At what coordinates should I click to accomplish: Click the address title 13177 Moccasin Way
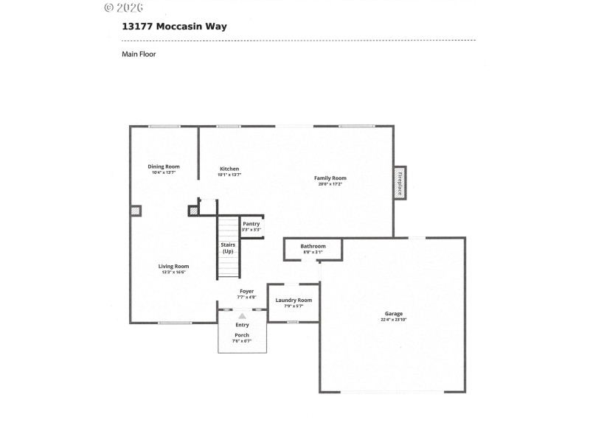[x=174, y=27]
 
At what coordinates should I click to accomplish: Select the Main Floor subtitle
[x=139, y=54]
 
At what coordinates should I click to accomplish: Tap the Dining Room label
[x=164, y=166]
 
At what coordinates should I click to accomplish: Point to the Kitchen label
[x=229, y=169]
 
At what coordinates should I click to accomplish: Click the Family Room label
[x=330, y=178]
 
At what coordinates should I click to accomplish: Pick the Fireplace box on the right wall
[x=400, y=182]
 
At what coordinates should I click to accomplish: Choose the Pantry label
[x=251, y=224]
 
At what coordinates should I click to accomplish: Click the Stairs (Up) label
[x=228, y=248]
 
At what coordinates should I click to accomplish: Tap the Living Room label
[x=174, y=266]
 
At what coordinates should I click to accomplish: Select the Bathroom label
[x=313, y=246]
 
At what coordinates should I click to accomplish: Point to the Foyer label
[x=246, y=291]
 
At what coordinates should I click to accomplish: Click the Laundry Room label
[x=294, y=300]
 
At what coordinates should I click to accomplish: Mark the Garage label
[x=393, y=314]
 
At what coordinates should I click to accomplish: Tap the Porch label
[x=242, y=335]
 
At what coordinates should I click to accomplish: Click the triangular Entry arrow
[x=242, y=316]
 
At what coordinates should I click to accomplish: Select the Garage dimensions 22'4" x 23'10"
[x=393, y=320]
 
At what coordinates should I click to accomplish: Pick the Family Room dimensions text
[x=330, y=184]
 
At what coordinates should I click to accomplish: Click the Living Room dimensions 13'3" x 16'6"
[x=174, y=272]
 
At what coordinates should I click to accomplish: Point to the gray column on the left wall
[x=135, y=211]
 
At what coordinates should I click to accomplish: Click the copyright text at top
[x=123, y=7]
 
